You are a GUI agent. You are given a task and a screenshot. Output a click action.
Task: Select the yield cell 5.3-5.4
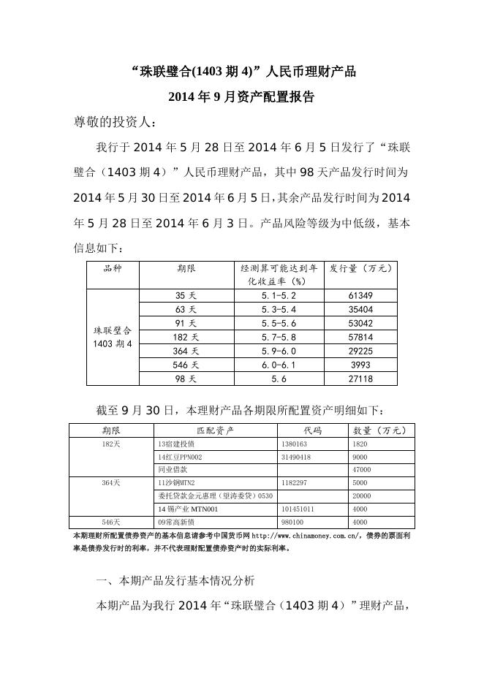point(277,310)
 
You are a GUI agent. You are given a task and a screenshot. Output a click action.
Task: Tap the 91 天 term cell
point(186,324)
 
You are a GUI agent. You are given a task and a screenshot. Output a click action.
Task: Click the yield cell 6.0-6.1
point(277,365)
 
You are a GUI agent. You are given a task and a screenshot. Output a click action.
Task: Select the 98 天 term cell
point(186,379)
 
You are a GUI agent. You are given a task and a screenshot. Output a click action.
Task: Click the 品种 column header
point(113,268)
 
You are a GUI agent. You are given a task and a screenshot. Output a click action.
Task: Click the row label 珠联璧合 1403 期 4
point(113,337)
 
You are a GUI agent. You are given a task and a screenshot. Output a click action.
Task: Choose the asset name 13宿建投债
point(176,444)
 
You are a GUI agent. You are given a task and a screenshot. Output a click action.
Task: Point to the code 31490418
point(295,457)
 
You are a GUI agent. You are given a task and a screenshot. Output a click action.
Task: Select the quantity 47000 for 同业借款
point(363,469)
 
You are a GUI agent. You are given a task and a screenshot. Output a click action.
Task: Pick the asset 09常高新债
point(176,522)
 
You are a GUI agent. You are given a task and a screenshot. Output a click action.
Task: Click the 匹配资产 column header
point(216,430)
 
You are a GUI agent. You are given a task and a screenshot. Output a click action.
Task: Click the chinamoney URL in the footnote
point(305,536)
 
